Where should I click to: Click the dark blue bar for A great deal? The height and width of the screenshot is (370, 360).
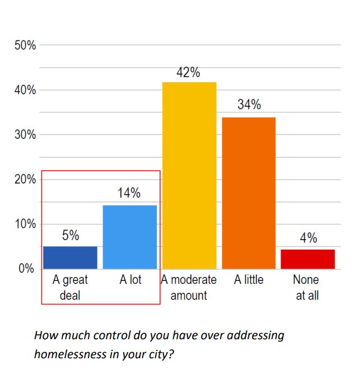click(70, 257)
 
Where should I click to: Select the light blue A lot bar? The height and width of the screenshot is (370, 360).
click(130, 237)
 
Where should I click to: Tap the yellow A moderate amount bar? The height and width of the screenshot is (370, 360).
click(189, 175)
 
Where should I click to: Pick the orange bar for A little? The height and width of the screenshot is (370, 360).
click(249, 193)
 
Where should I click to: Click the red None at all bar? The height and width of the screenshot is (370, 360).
click(307, 259)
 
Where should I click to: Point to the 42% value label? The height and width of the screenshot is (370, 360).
click(189, 73)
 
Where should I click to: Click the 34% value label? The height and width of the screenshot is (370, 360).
click(249, 105)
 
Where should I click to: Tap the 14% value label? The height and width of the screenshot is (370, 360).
click(129, 194)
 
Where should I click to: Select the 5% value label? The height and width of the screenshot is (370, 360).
click(70, 236)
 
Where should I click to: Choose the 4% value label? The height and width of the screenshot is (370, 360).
click(308, 238)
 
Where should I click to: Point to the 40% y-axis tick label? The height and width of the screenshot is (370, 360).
click(25, 90)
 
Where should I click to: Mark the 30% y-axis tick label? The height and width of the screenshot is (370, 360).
click(25, 135)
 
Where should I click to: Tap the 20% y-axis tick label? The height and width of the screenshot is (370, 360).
click(25, 180)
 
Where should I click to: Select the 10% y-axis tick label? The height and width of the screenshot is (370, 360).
click(25, 224)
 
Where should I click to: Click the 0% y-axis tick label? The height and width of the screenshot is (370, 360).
click(27, 269)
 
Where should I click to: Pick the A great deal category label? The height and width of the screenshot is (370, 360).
click(70, 287)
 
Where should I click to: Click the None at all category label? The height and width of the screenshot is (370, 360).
click(307, 287)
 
